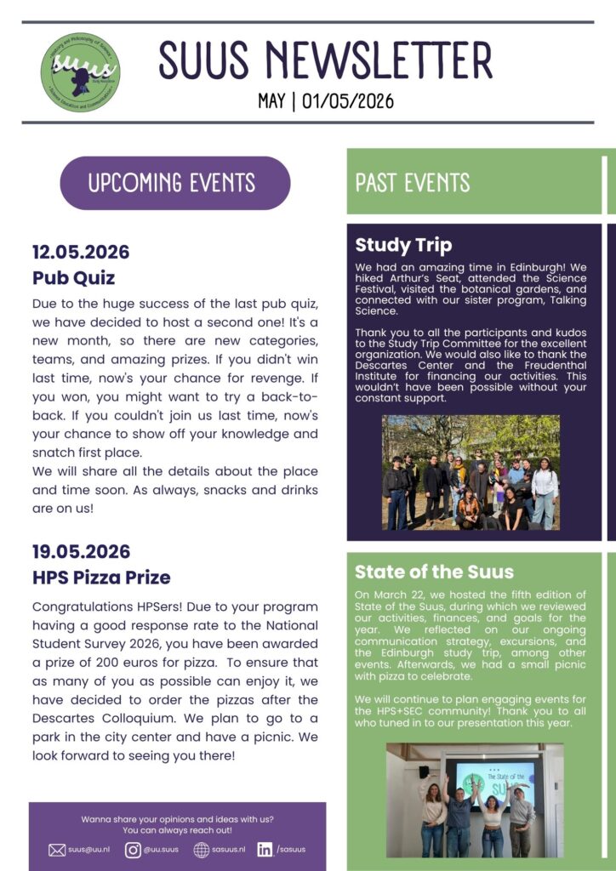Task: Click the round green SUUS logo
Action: pyautogui.click(x=80, y=71)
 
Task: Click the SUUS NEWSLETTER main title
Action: pyautogui.click(x=325, y=60)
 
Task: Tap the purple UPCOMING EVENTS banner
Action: pyautogui.click(x=174, y=183)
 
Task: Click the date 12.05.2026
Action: pyautogui.click(x=81, y=252)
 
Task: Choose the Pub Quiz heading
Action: pyautogui.click(x=73, y=277)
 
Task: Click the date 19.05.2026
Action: pyautogui.click(x=81, y=551)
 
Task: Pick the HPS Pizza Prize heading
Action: pyautogui.click(x=101, y=577)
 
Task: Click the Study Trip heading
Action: pyautogui.click(x=403, y=246)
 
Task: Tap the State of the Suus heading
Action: pyautogui.click(x=434, y=571)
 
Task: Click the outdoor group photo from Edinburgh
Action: pyautogui.click(x=471, y=472)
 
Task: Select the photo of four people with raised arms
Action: pyautogui.click(x=474, y=800)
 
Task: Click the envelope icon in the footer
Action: pyautogui.click(x=57, y=849)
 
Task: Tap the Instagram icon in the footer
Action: pyautogui.click(x=133, y=849)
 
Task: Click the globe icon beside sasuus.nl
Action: pyautogui.click(x=202, y=849)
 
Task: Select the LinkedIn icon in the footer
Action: pyautogui.click(x=265, y=849)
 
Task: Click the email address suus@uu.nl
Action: pyautogui.click(x=89, y=849)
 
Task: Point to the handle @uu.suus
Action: pyautogui.click(x=161, y=849)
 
